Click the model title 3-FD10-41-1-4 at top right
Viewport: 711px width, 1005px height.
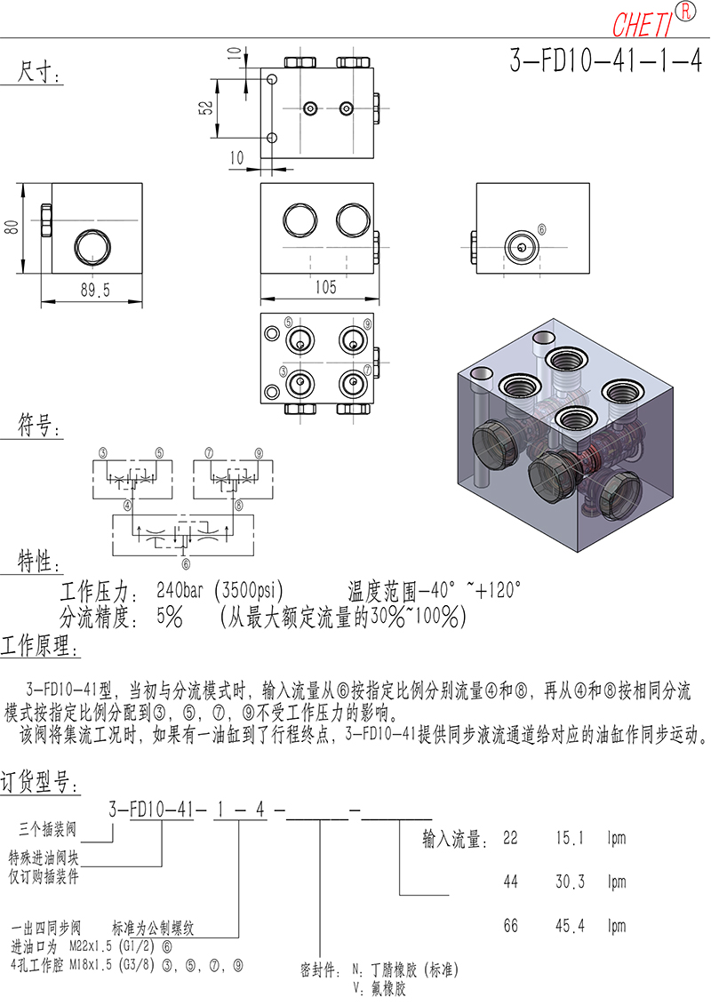(606, 61)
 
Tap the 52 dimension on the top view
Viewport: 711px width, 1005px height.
(206, 108)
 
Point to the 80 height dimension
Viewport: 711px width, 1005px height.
(11, 227)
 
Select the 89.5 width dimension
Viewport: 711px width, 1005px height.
(95, 290)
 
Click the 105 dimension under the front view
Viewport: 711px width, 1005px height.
(325, 286)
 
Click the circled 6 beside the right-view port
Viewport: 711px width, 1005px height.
(542, 229)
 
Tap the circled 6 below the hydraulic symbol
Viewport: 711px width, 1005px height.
(186, 564)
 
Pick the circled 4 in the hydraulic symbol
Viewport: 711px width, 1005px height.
(128, 506)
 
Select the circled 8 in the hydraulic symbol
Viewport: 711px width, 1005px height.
(238, 506)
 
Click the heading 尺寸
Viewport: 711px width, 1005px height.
(38, 72)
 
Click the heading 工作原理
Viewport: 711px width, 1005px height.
(40, 645)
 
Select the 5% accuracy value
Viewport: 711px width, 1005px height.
(169, 618)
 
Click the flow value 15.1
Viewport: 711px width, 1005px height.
(570, 838)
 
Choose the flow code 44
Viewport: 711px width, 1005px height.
(510, 882)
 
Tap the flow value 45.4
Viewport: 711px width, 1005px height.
(570, 926)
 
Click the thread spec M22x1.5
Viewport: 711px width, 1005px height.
(91, 946)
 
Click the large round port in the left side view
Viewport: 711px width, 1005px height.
(93, 247)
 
